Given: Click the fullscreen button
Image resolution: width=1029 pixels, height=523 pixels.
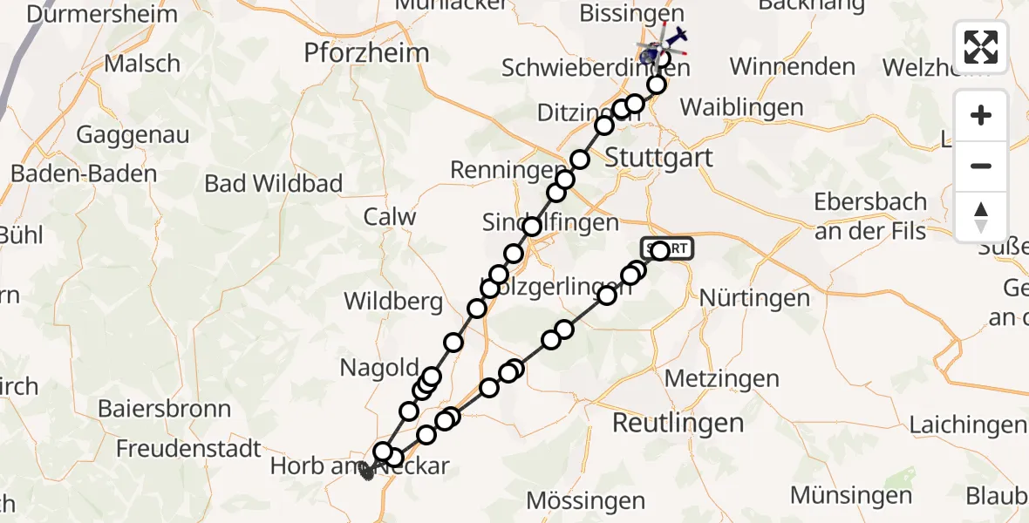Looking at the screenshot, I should [981, 47].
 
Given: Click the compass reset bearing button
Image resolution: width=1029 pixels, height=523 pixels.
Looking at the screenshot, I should [981, 217].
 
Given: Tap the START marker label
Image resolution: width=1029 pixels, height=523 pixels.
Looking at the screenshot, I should [668, 249].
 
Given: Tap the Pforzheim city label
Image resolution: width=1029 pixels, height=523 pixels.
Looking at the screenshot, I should [366, 53].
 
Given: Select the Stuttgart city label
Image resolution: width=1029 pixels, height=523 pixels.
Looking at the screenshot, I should [658, 158].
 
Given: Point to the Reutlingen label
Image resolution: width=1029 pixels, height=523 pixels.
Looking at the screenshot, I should [678, 424].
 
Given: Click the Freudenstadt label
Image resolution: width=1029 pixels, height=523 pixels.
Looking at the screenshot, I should [188, 449].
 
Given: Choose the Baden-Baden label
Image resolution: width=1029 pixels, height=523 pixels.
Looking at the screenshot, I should [84, 173].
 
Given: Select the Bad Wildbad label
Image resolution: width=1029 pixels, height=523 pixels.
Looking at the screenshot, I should [273, 184].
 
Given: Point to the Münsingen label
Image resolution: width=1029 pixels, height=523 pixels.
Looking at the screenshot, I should [851, 495].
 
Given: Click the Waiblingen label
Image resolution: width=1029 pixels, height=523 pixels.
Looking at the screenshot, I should [741, 107].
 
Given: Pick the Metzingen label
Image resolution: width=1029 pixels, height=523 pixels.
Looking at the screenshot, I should [722, 379].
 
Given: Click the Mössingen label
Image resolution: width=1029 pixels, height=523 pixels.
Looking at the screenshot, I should [586, 501].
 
